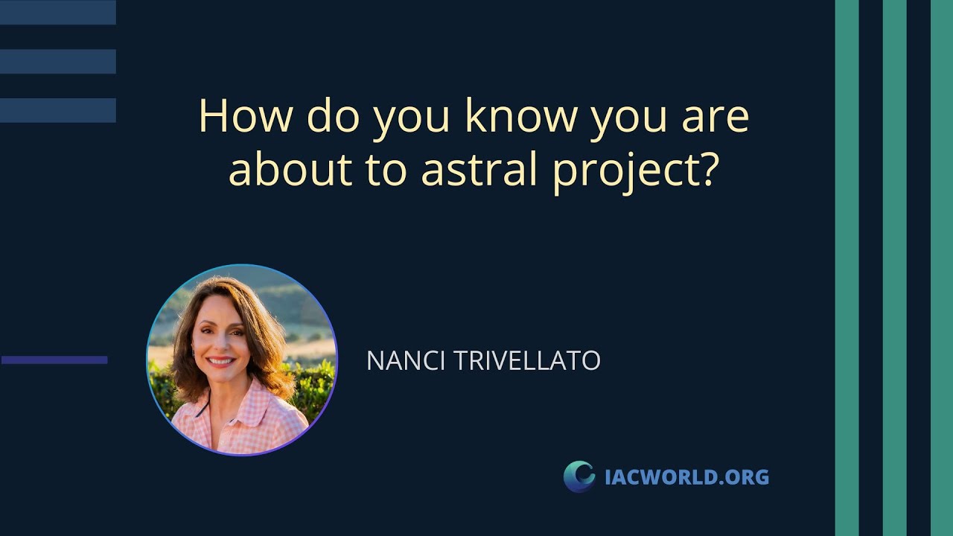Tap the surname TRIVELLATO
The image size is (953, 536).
(526, 361)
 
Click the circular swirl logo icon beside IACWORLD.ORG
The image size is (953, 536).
(579, 476)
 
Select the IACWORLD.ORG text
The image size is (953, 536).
(686, 476)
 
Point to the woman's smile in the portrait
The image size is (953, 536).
(221, 362)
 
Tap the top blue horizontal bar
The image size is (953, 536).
(58, 13)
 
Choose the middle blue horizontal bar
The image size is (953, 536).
(58, 62)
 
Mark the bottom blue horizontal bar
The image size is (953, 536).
(58, 110)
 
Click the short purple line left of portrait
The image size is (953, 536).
(54, 360)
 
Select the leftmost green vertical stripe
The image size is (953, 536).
(847, 268)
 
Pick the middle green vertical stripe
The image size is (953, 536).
(894, 268)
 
